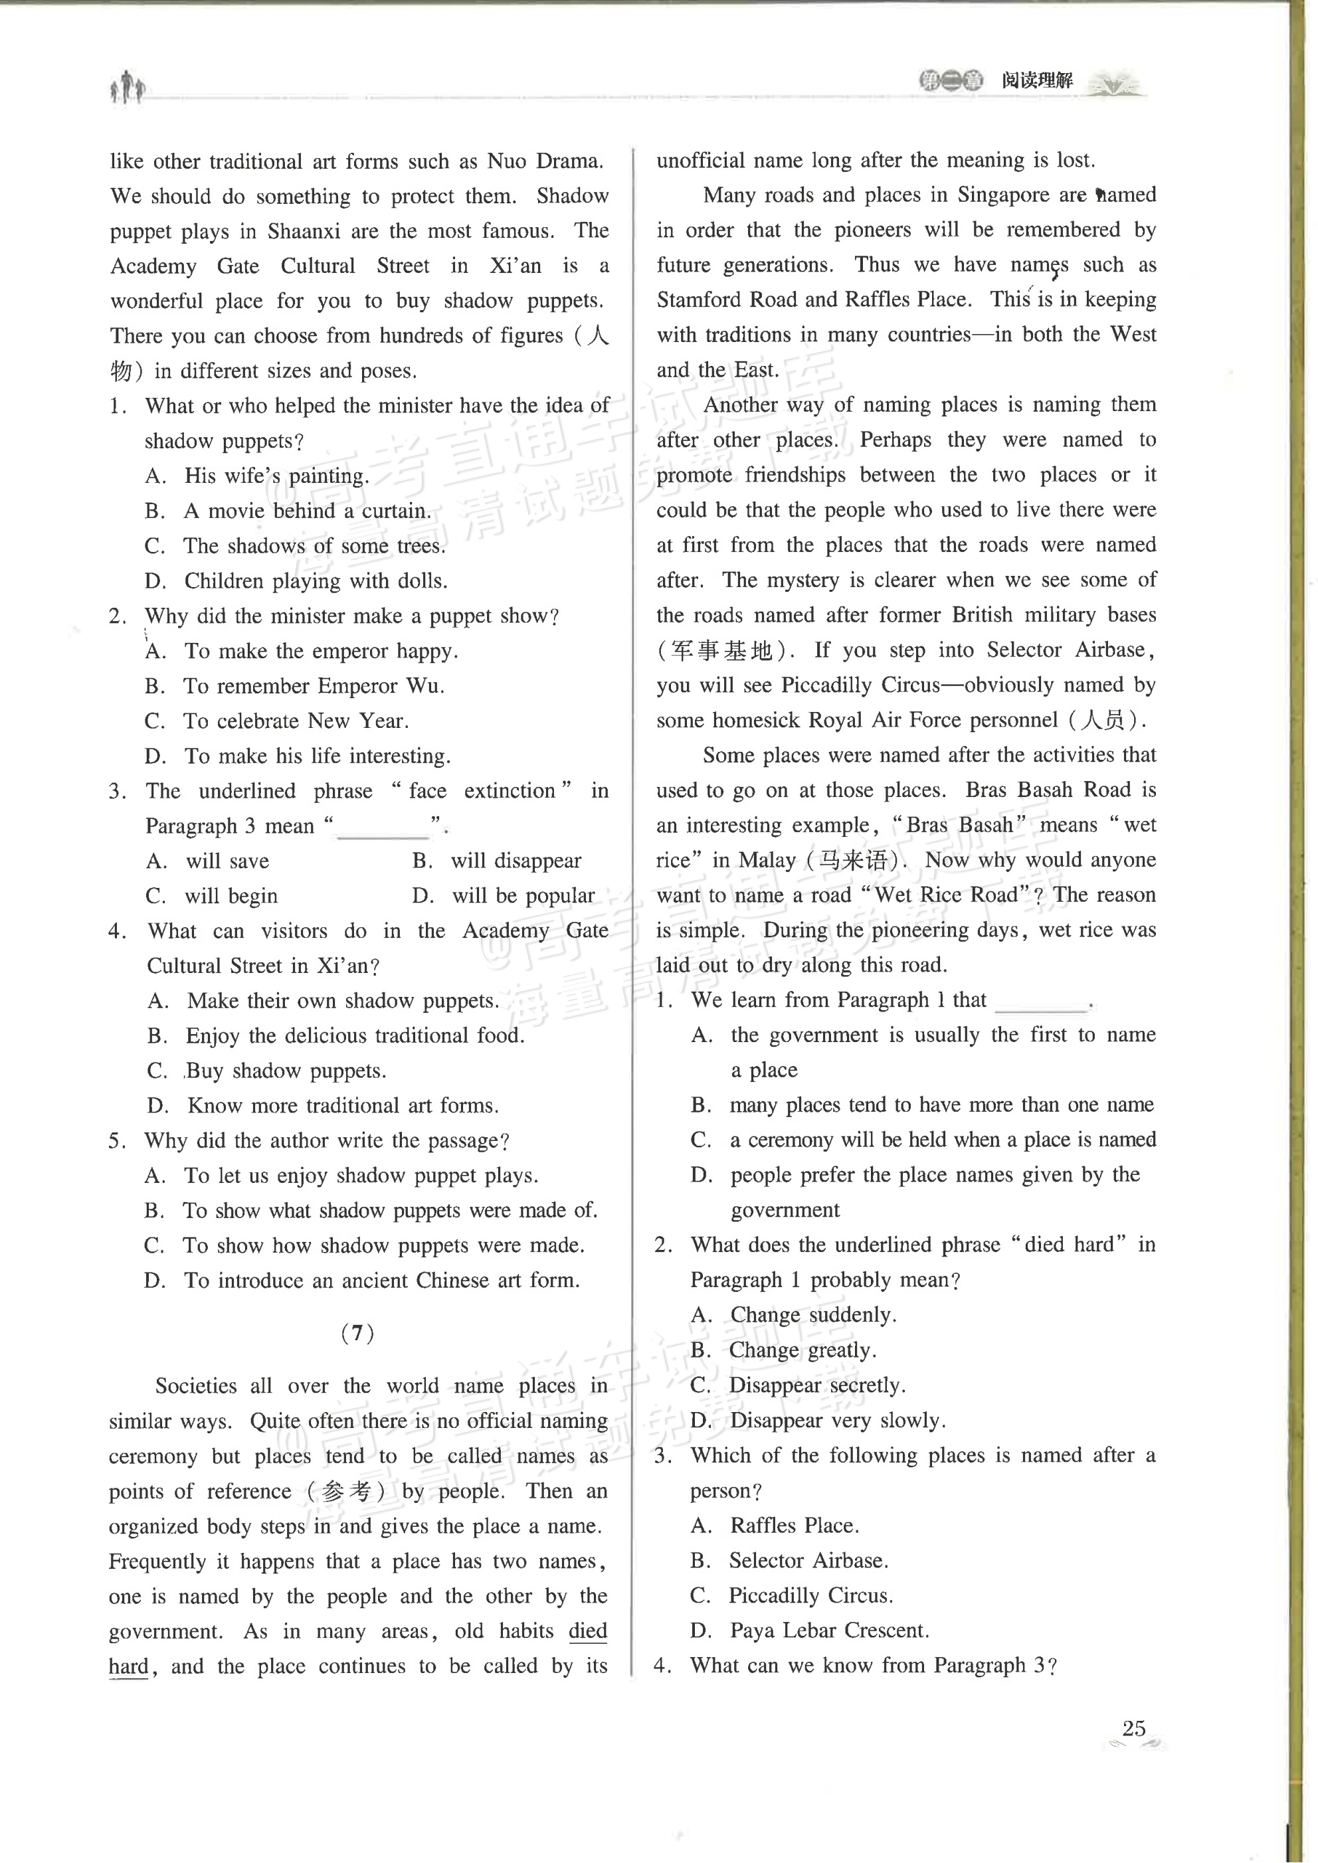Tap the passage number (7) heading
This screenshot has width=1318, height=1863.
click(x=358, y=1333)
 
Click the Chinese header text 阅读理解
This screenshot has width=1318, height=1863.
click(x=1036, y=80)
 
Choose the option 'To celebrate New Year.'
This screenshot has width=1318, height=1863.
click(x=296, y=721)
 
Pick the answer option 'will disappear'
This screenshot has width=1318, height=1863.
click(x=516, y=861)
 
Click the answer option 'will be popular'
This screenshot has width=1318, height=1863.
click(x=523, y=896)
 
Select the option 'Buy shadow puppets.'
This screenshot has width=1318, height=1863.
click(x=286, y=1071)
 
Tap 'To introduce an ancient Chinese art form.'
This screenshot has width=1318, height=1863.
click(x=381, y=1281)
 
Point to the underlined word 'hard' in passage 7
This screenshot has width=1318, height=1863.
click(x=128, y=1666)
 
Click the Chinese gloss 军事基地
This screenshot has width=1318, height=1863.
click(x=721, y=651)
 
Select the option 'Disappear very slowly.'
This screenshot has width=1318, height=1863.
click(x=838, y=1421)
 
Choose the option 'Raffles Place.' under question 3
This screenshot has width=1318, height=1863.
click(x=794, y=1526)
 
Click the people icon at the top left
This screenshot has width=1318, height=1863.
click(x=128, y=86)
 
